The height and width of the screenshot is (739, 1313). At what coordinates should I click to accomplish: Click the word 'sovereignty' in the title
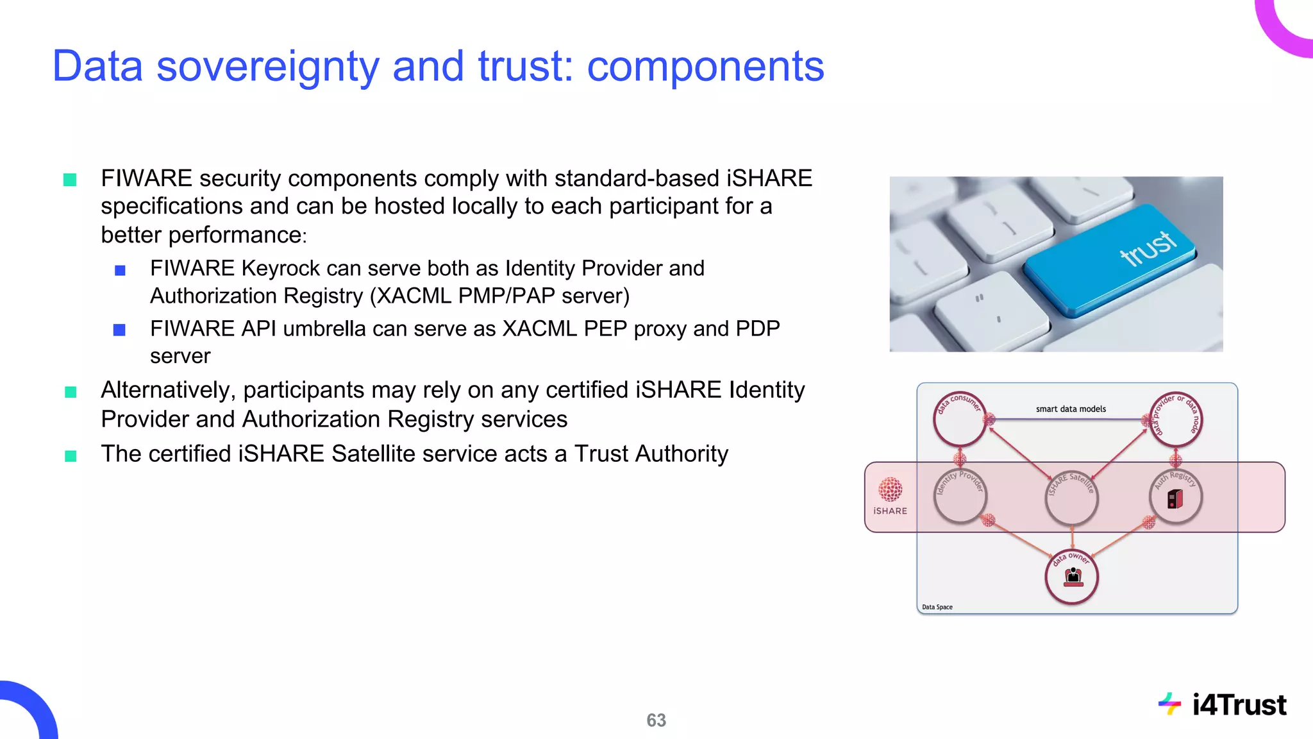267,67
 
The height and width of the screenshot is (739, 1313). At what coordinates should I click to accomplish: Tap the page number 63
656,720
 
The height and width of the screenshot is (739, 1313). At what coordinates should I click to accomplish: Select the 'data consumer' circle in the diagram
959,420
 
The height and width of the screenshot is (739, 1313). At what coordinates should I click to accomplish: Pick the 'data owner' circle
1072,577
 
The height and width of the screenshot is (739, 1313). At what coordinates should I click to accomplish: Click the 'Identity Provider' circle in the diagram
960,497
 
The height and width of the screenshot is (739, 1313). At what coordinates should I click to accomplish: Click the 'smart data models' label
1071,409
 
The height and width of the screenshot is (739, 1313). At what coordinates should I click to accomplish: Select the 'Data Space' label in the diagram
937,607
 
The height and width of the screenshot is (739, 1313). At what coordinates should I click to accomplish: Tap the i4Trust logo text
1239,705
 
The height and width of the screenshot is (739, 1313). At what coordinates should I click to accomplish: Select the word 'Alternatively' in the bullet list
169,390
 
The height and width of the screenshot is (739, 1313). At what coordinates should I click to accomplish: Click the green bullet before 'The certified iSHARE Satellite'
71,456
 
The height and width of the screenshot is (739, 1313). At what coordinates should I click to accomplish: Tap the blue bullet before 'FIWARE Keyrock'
120,270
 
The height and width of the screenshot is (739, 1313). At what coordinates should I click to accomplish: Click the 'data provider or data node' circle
1175,420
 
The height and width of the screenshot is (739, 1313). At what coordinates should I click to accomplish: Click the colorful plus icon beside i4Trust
1169,704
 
